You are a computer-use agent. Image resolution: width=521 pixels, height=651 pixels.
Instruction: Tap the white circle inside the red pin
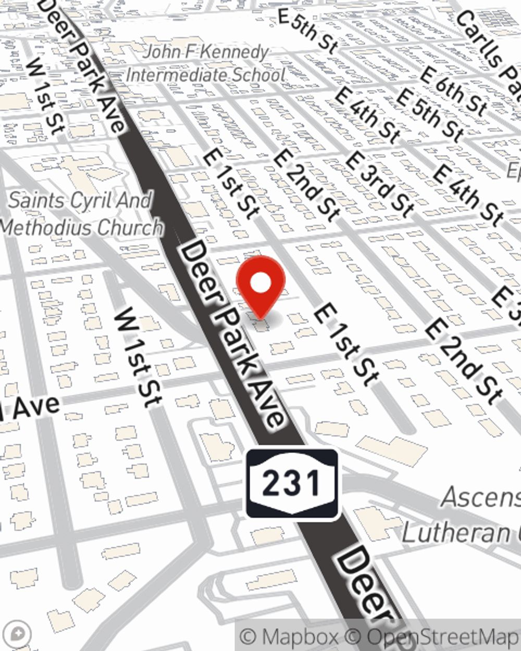point(260,283)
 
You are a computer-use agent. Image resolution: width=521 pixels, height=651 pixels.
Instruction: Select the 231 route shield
point(292,484)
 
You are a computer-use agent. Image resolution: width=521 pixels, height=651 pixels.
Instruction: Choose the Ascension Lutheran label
point(464,516)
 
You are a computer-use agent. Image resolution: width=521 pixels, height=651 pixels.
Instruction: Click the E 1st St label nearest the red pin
point(345,344)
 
